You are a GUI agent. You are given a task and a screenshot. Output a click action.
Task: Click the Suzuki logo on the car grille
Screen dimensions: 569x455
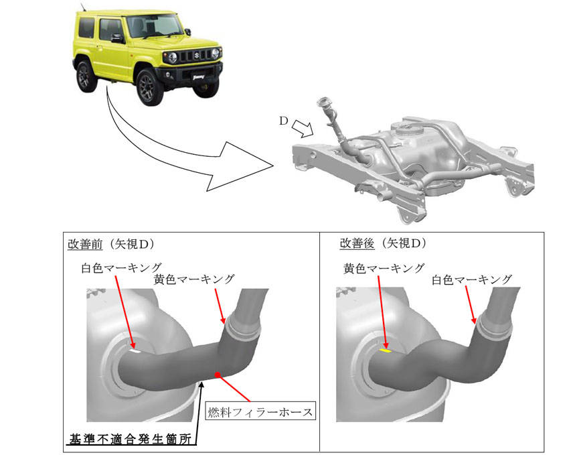197,56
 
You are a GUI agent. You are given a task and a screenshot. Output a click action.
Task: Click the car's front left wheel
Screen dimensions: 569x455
149,87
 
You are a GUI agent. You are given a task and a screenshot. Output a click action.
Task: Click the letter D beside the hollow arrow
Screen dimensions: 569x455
283,121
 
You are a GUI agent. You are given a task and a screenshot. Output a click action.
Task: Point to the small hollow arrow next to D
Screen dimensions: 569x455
303,129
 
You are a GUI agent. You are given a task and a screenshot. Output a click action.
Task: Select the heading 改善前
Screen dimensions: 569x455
85,244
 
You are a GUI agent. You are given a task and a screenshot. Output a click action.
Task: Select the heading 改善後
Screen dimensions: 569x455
357,243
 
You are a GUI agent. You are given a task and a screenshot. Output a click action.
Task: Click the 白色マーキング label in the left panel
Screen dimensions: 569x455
122,268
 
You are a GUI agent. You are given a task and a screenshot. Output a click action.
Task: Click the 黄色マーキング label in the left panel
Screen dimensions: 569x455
194,279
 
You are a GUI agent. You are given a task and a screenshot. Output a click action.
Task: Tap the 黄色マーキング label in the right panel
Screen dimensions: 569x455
384,269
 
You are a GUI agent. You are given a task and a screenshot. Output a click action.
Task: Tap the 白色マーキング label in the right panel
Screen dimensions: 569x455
472,279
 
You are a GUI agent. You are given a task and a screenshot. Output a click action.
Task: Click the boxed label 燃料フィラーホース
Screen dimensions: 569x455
260,412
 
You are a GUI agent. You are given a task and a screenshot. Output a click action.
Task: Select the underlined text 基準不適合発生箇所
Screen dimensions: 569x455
131,440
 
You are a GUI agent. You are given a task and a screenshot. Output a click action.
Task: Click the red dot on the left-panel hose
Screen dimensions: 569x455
218,375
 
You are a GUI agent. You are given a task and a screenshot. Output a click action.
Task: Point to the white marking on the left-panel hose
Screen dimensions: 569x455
135,351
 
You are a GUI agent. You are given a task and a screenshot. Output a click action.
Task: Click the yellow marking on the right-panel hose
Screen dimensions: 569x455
385,350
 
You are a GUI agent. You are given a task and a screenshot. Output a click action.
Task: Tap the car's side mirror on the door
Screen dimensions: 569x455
117,38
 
